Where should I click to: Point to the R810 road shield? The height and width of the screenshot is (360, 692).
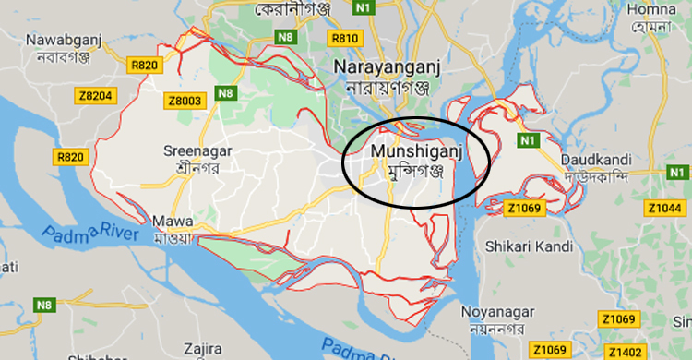pos(344,38)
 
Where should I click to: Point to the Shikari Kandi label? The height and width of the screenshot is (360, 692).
pos(528,246)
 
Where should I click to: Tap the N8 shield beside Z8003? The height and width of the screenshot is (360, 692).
pos(224,92)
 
